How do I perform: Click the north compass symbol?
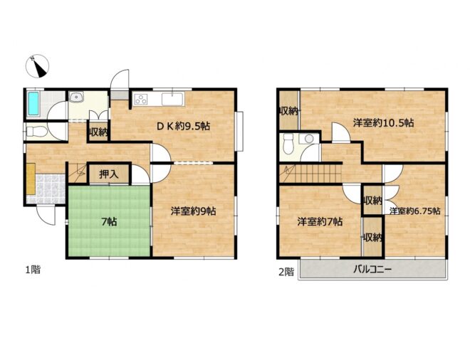point(37,66)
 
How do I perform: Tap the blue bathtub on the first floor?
point(33,104)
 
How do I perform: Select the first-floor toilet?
point(36,132)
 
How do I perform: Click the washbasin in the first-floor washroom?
point(77,97)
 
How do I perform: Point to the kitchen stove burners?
point(141,99)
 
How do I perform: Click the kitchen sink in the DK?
point(172,99)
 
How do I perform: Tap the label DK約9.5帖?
point(184,126)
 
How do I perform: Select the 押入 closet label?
point(109,174)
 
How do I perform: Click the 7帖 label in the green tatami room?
point(109,222)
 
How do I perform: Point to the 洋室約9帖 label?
point(193,211)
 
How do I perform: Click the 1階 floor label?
point(32,270)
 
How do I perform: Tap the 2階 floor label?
point(286,272)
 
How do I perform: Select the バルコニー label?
point(372,270)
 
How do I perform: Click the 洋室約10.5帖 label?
point(383,123)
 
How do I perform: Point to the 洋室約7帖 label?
point(320,222)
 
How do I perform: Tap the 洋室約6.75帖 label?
point(415,211)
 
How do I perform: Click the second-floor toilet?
point(288,144)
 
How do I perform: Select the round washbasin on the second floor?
point(309,139)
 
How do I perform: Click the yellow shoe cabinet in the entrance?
point(31,179)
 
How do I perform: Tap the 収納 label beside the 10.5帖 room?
point(288,111)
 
